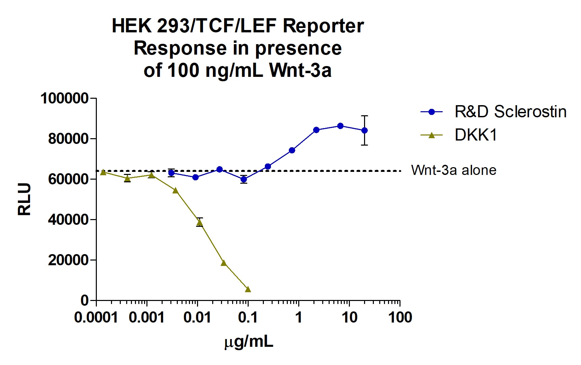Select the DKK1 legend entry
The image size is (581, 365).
tap(476, 135)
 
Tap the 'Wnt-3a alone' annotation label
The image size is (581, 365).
tap(453, 170)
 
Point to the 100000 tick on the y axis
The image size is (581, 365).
tap(64, 99)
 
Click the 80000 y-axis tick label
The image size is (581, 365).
tap(67, 139)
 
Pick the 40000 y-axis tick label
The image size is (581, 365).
tap(67, 220)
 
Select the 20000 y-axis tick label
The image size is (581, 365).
tap(67, 260)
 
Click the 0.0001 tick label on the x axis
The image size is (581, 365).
tap(96, 317)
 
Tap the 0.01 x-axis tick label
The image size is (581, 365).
tap(197, 317)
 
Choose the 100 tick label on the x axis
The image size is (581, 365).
tap(400, 317)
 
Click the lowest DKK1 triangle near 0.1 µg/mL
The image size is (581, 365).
tap(248, 289)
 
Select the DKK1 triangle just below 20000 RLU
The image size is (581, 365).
tap(224, 263)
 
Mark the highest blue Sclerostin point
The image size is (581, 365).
tap(340, 126)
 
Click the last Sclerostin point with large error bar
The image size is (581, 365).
tap(364, 130)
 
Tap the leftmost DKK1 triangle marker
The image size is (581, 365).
tap(103, 172)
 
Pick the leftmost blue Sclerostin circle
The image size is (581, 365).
tap(171, 173)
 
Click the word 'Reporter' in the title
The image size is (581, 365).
tap(323, 26)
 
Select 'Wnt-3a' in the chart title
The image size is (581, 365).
tap(300, 70)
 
